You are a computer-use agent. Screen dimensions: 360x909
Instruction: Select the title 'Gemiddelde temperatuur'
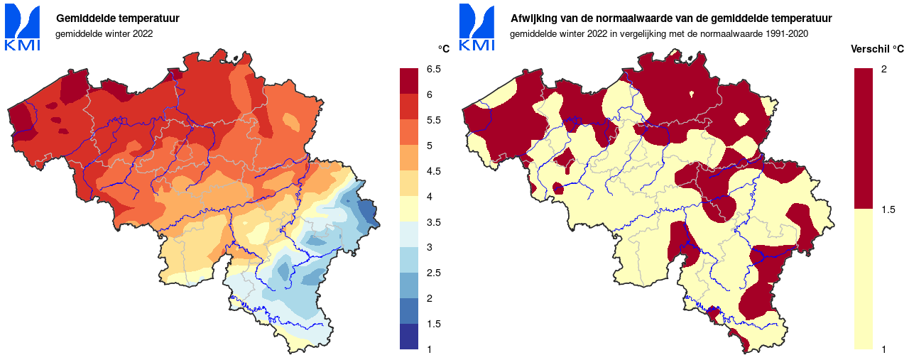tap(118, 18)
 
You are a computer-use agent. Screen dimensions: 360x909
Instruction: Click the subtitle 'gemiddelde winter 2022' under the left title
tap(104, 33)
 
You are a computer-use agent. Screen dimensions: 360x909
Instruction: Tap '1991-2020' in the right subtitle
tap(783, 33)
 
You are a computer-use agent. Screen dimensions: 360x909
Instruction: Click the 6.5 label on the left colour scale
tap(433, 69)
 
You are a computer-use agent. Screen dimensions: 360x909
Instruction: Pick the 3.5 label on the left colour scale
tap(433, 222)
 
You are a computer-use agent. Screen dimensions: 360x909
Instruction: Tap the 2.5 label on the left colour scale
tap(433, 273)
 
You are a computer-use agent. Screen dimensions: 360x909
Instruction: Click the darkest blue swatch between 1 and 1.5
tap(410, 337)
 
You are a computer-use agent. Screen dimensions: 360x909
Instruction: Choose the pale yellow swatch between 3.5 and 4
tap(410, 209)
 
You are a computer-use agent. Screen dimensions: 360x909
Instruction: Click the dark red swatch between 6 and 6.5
tap(410, 81)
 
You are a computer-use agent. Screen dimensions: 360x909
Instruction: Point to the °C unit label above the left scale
tap(444, 49)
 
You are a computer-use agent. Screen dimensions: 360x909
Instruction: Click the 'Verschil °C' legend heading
tap(876, 49)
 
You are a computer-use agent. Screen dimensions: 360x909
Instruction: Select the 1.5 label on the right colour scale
tap(888, 209)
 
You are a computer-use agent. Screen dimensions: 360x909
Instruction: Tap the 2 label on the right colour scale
tap(883, 69)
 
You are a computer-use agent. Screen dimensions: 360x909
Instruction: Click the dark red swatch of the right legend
tap(863, 138)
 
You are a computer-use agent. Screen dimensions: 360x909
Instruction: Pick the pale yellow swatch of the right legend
tap(863, 278)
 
